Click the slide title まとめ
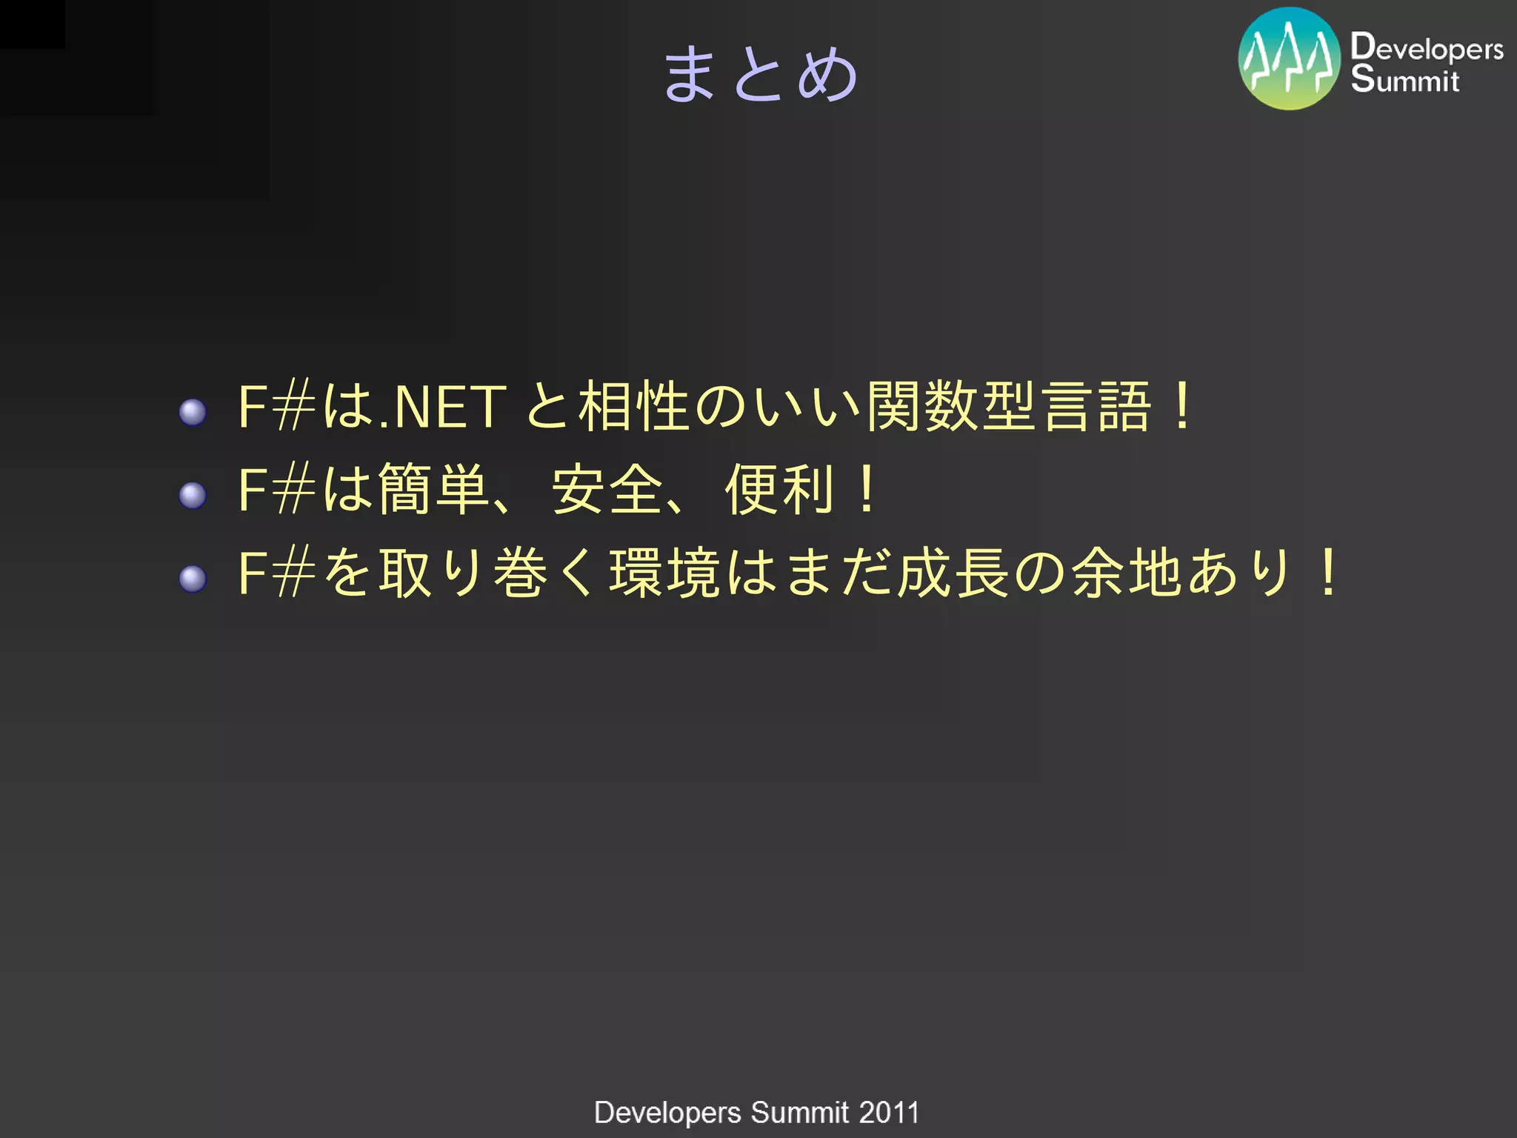[760, 73]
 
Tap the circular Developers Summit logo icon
[1289, 59]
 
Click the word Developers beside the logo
[1427, 47]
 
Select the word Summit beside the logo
[1404, 79]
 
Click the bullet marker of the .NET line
[193, 412]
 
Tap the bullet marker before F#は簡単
[193, 495]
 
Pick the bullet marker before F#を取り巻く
[193, 579]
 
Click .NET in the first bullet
[441, 407]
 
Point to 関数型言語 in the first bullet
[1009, 406]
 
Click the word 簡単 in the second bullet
[434, 489]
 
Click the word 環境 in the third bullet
[665, 573]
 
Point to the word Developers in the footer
[667, 1113]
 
